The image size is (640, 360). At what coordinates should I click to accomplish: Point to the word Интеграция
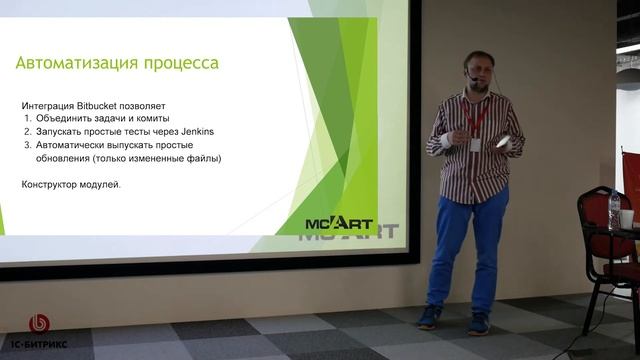pyautogui.click(x=51, y=104)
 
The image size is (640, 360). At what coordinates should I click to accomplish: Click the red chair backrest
pyautogui.click(x=632, y=175)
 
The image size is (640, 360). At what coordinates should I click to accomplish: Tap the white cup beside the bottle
pyautogui.click(x=626, y=217)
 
